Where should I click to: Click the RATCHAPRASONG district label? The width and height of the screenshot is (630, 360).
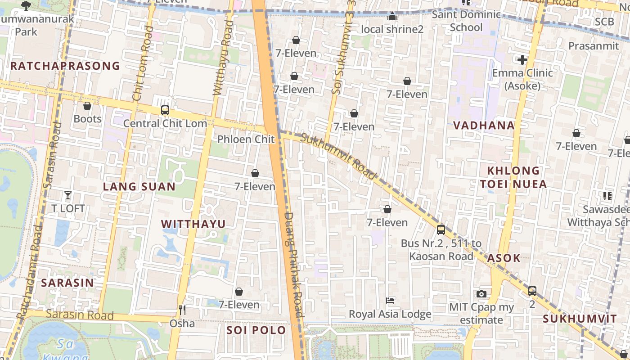click(x=65, y=66)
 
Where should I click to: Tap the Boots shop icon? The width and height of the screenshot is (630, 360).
click(x=87, y=106)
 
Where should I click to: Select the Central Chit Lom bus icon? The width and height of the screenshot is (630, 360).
click(x=165, y=110)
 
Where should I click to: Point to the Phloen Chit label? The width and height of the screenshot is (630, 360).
click(x=246, y=139)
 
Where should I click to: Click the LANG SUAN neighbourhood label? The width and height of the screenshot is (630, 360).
click(x=139, y=187)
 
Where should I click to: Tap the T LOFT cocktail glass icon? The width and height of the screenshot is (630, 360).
click(x=68, y=195)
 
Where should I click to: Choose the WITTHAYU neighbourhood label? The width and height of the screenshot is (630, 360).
click(x=193, y=224)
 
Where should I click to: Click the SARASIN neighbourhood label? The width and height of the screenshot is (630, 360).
click(x=67, y=283)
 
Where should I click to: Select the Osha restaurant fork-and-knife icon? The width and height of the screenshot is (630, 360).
click(x=182, y=310)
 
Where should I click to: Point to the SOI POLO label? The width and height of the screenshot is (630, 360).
click(x=256, y=330)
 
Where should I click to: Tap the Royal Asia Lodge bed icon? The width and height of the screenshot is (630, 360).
click(x=390, y=300)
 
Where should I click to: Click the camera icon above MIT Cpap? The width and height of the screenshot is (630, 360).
click(x=481, y=294)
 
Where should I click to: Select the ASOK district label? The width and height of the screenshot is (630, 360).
click(x=504, y=258)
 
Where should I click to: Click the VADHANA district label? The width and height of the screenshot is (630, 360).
click(x=484, y=126)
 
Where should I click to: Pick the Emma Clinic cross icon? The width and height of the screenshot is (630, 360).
click(x=522, y=59)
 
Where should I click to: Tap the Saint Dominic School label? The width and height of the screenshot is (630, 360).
click(x=466, y=21)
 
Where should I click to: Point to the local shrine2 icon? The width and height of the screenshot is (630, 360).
click(x=392, y=17)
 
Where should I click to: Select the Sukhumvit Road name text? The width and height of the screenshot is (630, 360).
click(x=338, y=156)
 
